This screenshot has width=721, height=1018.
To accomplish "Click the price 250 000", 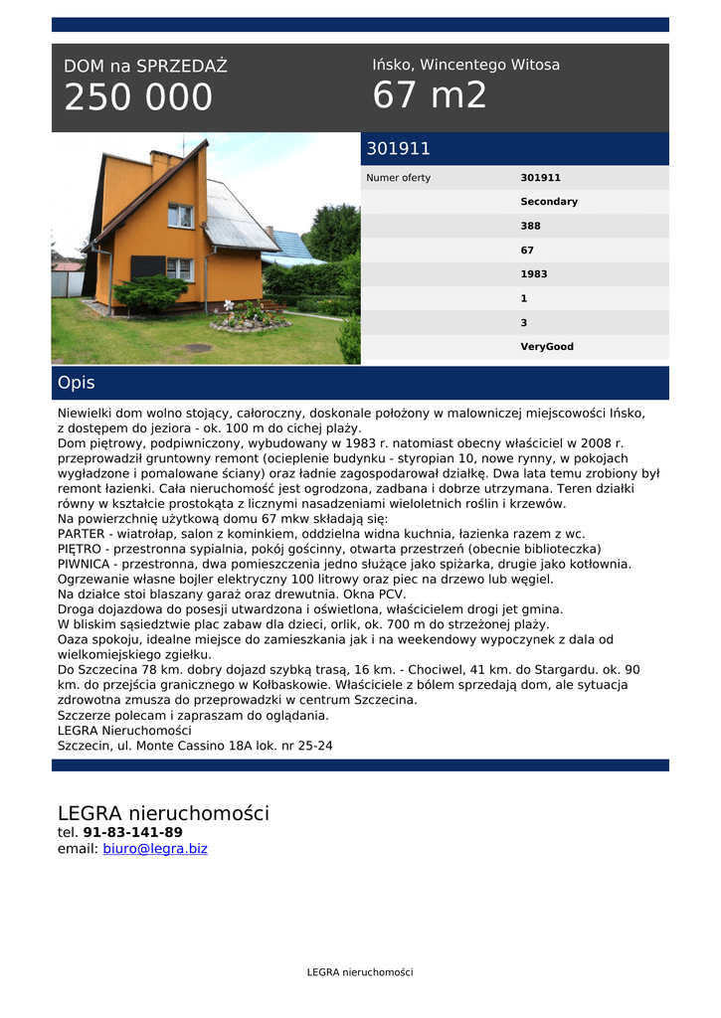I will point(138,97).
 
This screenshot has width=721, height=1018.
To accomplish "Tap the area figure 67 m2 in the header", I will point(430,95).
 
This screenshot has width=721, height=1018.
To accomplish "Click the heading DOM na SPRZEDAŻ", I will point(145,67).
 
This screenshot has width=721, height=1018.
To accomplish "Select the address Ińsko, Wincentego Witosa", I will point(465,65).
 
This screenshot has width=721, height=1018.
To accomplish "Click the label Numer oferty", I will point(399,178).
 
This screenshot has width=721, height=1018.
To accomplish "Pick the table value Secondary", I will point(549,202).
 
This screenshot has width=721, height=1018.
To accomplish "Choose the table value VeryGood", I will point(547,347).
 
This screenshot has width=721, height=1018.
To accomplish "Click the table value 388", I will point(531,226).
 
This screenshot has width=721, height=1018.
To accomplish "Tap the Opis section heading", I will point(77,383).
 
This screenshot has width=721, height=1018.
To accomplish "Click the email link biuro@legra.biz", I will point(155,849).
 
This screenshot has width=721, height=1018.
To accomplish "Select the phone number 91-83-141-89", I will point(132,832).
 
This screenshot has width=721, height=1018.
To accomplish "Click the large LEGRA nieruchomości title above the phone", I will point(163,813).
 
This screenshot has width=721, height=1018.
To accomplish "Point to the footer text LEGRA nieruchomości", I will point(360,972).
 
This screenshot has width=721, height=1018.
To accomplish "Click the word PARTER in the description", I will point(83,534).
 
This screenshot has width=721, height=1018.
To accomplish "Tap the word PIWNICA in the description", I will point(85,564).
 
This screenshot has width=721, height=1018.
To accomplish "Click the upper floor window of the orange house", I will point(180,216).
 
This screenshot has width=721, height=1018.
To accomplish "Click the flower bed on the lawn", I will point(249,320).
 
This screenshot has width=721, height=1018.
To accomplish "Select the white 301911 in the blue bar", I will point(399,149).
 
